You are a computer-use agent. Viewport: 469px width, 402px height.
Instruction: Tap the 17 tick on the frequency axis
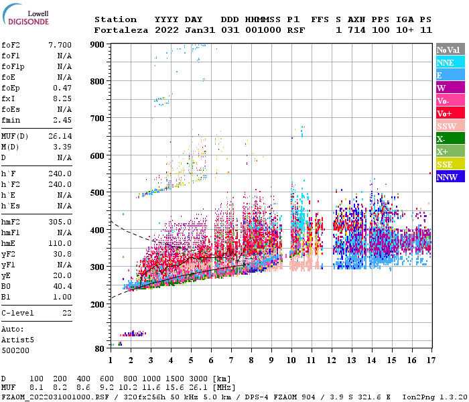430,360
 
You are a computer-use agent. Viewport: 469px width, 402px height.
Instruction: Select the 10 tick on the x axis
291,360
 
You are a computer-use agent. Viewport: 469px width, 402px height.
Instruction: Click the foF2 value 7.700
60,44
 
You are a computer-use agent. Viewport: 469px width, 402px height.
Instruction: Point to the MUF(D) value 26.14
60,136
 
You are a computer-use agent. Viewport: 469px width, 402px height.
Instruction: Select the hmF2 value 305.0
60,222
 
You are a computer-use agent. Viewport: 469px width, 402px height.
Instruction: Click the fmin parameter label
11,120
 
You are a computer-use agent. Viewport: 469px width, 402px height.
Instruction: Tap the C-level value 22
67,313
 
